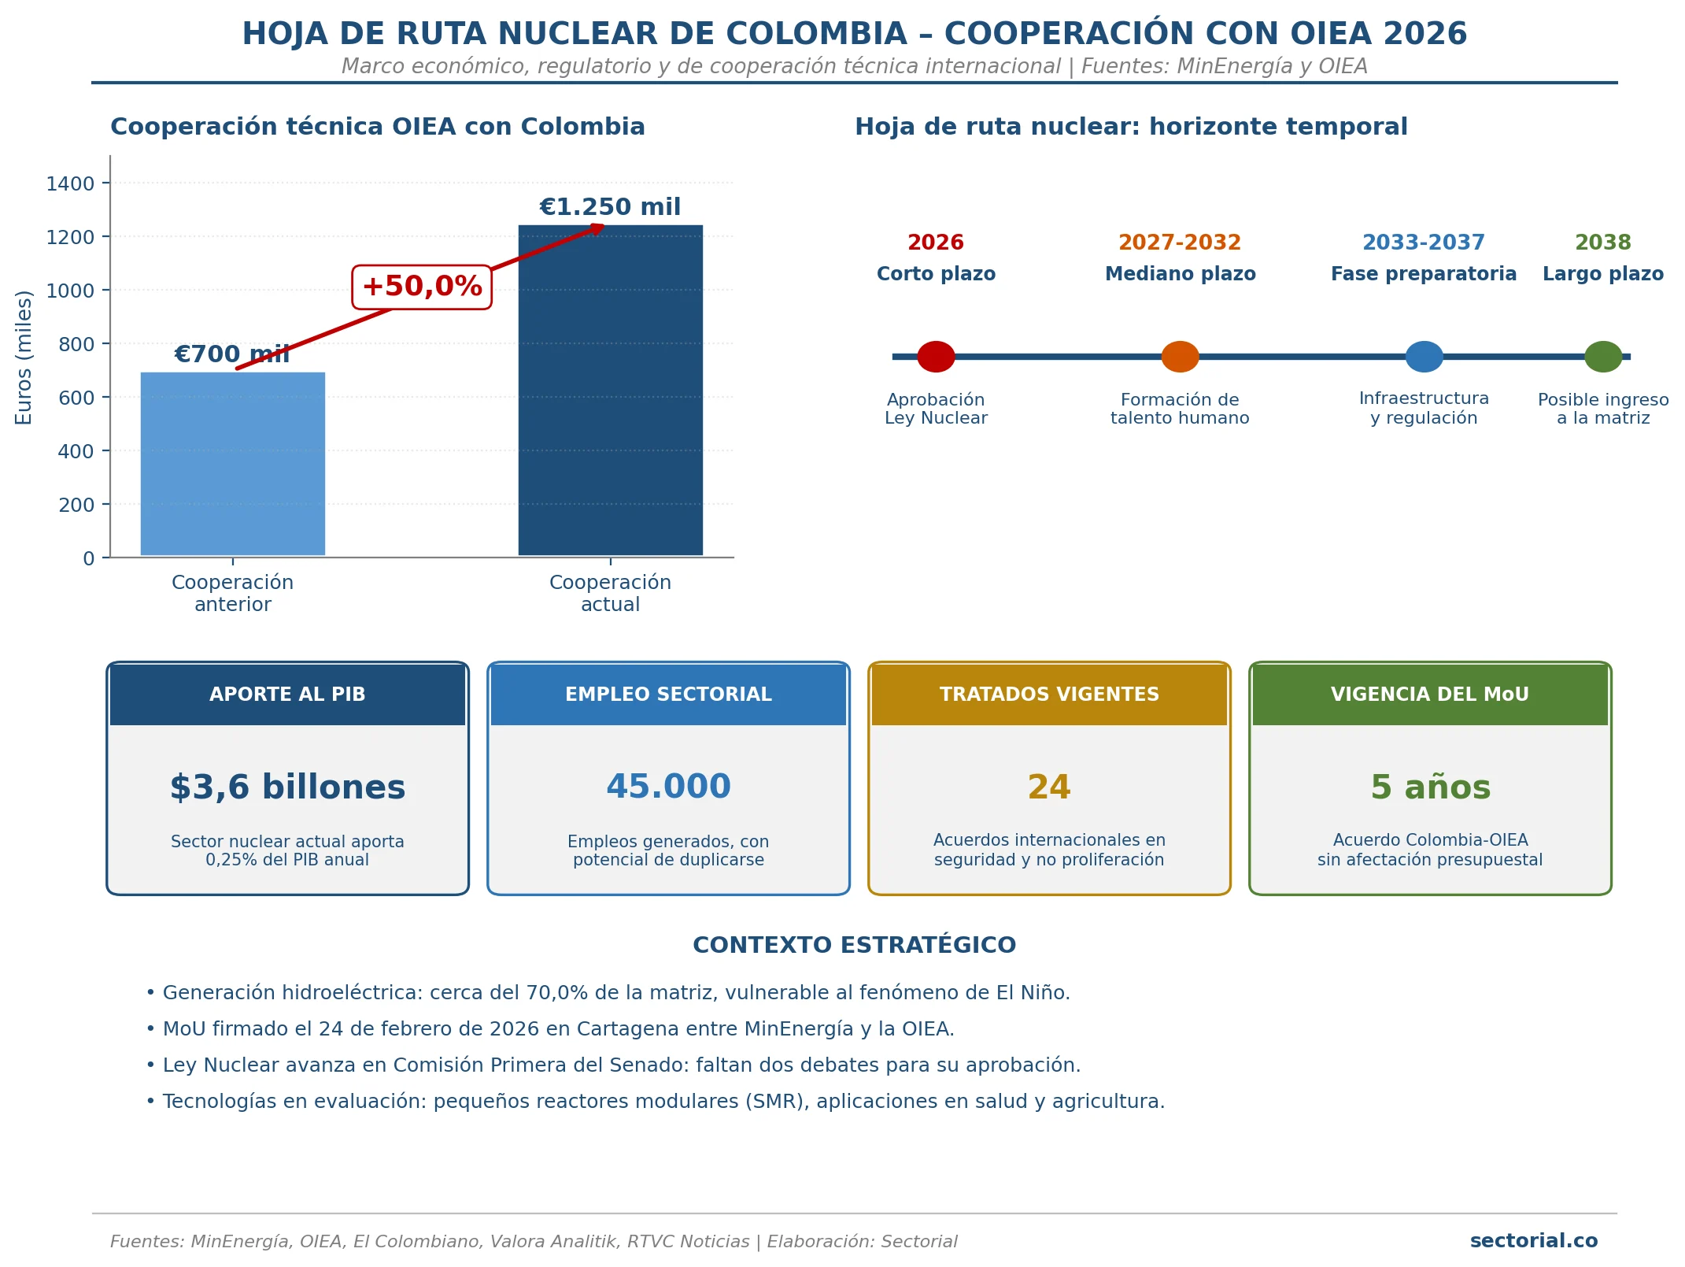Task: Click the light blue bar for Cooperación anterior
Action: [x=233, y=464]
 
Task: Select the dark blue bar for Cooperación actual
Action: [x=611, y=391]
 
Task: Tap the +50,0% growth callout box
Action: [x=422, y=287]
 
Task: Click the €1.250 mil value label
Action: [x=610, y=207]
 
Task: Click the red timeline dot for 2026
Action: [x=936, y=357]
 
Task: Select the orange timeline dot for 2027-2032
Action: [x=1180, y=357]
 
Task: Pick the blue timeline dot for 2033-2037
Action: [x=1424, y=357]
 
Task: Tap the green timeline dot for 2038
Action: [x=1603, y=357]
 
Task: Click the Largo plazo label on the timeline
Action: [x=1603, y=274]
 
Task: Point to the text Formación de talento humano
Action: [x=1180, y=409]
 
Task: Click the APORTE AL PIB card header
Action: [x=287, y=695]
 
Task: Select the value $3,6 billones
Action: [x=287, y=787]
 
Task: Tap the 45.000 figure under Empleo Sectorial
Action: [x=668, y=787]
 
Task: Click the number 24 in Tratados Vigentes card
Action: [x=1049, y=787]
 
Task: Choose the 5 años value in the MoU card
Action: [x=1430, y=787]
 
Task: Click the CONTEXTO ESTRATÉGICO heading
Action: [x=854, y=945]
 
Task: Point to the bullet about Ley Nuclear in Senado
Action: [x=613, y=1065]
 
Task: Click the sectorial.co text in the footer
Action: [x=1534, y=1241]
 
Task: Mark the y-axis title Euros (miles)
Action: [x=24, y=358]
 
